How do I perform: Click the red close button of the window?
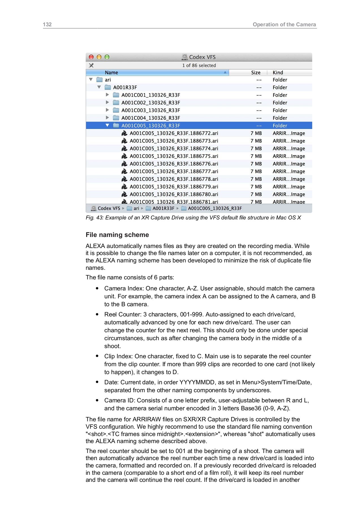pyautogui.click(x=91, y=57)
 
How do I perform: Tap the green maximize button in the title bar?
pyautogui.click(x=107, y=57)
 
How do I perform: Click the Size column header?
pyautogui.click(x=256, y=73)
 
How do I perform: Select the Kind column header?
pyautogui.click(x=278, y=73)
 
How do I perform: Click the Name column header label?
pyautogui.click(x=111, y=73)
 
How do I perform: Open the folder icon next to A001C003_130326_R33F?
pyautogui.click(x=116, y=110)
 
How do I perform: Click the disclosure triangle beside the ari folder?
pyautogui.click(x=91, y=80)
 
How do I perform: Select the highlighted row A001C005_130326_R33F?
pyautogui.click(x=151, y=126)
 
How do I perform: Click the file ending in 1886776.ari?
pyautogui.click(x=174, y=164)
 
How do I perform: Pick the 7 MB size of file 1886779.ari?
pyautogui.click(x=256, y=187)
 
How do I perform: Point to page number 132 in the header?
pyautogui.click(x=47, y=24)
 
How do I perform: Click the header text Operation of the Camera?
pyautogui.click(x=284, y=24)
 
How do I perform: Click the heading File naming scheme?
pyautogui.click(x=117, y=235)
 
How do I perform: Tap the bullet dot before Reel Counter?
pyautogui.click(x=97, y=314)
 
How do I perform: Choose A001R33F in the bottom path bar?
pyautogui.click(x=163, y=208)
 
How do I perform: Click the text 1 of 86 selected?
pyautogui.click(x=199, y=65)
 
